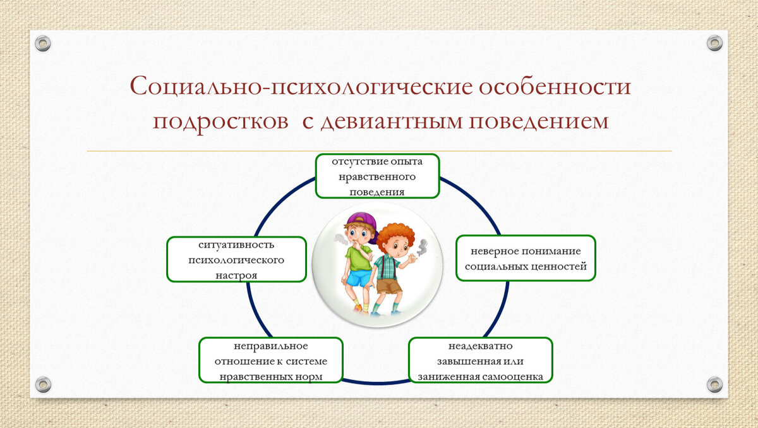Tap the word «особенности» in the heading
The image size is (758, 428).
(x=555, y=86)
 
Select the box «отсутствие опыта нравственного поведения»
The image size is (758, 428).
(x=377, y=176)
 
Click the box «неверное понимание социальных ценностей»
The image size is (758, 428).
(x=526, y=258)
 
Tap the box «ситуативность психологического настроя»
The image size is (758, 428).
(x=236, y=259)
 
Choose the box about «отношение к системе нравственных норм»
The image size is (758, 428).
(x=271, y=360)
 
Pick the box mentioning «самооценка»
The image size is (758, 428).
(x=481, y=360)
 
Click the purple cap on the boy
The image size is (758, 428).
(x=363, y=223)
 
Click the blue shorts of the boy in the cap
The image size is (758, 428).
(x=359, y=278)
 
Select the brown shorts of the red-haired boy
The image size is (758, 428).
(x=389, y=286)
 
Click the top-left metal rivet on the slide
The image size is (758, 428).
(x=43, y=44)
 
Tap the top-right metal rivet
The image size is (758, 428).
(x=714, y=43)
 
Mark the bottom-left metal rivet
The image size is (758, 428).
(x=44, y=384)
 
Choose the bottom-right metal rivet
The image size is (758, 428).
(x=714, y=384)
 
